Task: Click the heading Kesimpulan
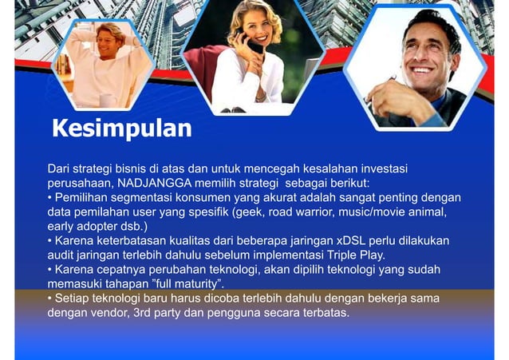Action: point(121,129)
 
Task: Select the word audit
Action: point(62,255)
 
